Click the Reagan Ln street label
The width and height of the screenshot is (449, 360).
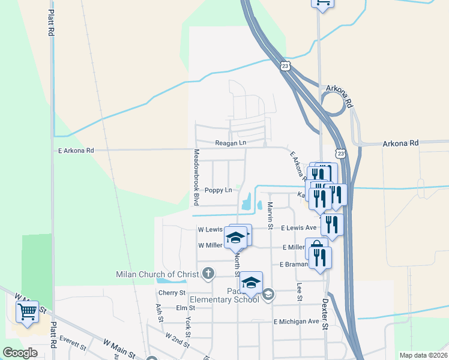point(231,143)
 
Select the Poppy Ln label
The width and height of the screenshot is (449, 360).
point(218,190)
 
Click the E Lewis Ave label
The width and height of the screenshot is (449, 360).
point(299,228)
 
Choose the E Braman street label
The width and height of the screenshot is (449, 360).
point(294,265)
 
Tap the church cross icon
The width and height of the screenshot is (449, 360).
point(208,274)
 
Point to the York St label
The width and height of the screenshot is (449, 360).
point(188,328)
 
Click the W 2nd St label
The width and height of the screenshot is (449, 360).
point(178,341)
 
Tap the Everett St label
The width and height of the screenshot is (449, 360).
point(73,346)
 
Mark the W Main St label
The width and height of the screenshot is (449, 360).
point(121,346)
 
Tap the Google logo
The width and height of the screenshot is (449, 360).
point(20,353)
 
